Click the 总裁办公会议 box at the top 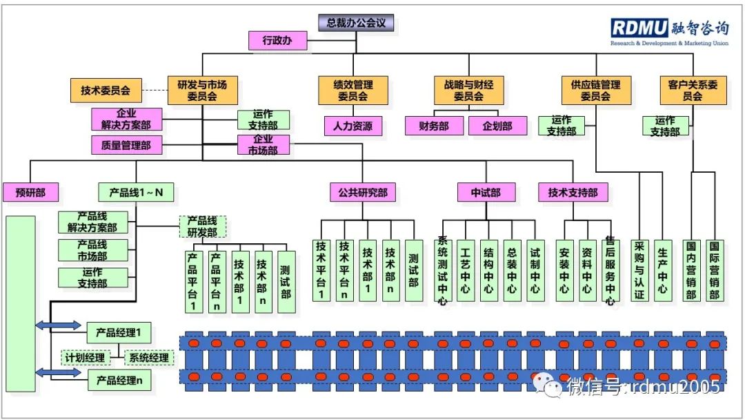pos(356,23)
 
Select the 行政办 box pos(277,41)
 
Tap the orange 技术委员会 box pos(106,90)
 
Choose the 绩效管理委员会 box pos(353,90)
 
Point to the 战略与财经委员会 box pos(469,90)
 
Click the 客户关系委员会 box pos(693,90)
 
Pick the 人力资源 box pos(353,126)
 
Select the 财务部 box pos(434,126)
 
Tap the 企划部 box pos(497,126)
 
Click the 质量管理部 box pos(126,145)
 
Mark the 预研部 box pos(30,193)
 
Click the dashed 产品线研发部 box pos(203,226)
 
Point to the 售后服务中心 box pos(610,269)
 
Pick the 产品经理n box pos(119,380)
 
